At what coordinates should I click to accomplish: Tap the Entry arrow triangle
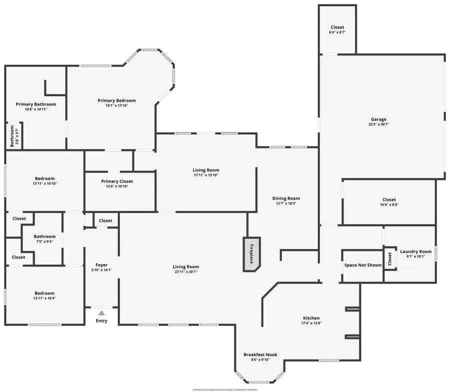click(x=101, y=313)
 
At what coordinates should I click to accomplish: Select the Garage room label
click(x=378, y=119)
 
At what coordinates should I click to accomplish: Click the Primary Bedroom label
click(x=116, y=100)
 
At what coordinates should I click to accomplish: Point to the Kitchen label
click(x=311, y=318)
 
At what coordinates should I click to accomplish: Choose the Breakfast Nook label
click(x=260, y=354)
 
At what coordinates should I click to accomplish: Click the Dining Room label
click(x=286, y=198)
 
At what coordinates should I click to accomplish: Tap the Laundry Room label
click(x=415, y=251)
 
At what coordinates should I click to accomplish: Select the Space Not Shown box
click(x=362, y=265)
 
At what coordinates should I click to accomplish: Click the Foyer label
click(x=101, y=265)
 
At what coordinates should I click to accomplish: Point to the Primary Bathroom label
click(x=35, y=104)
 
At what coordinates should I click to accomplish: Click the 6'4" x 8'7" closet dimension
click(x=337, y=32)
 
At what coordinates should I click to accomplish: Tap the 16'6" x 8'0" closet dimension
click(x=389, y=204)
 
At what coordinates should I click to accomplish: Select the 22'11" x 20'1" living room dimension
click(x=186, y=271)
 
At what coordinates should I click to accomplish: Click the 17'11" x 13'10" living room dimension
click(x=206, y=175)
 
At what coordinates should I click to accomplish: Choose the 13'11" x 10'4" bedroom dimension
click(x=44, y=298)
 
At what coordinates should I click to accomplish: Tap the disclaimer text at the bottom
click(x=225, y=389)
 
